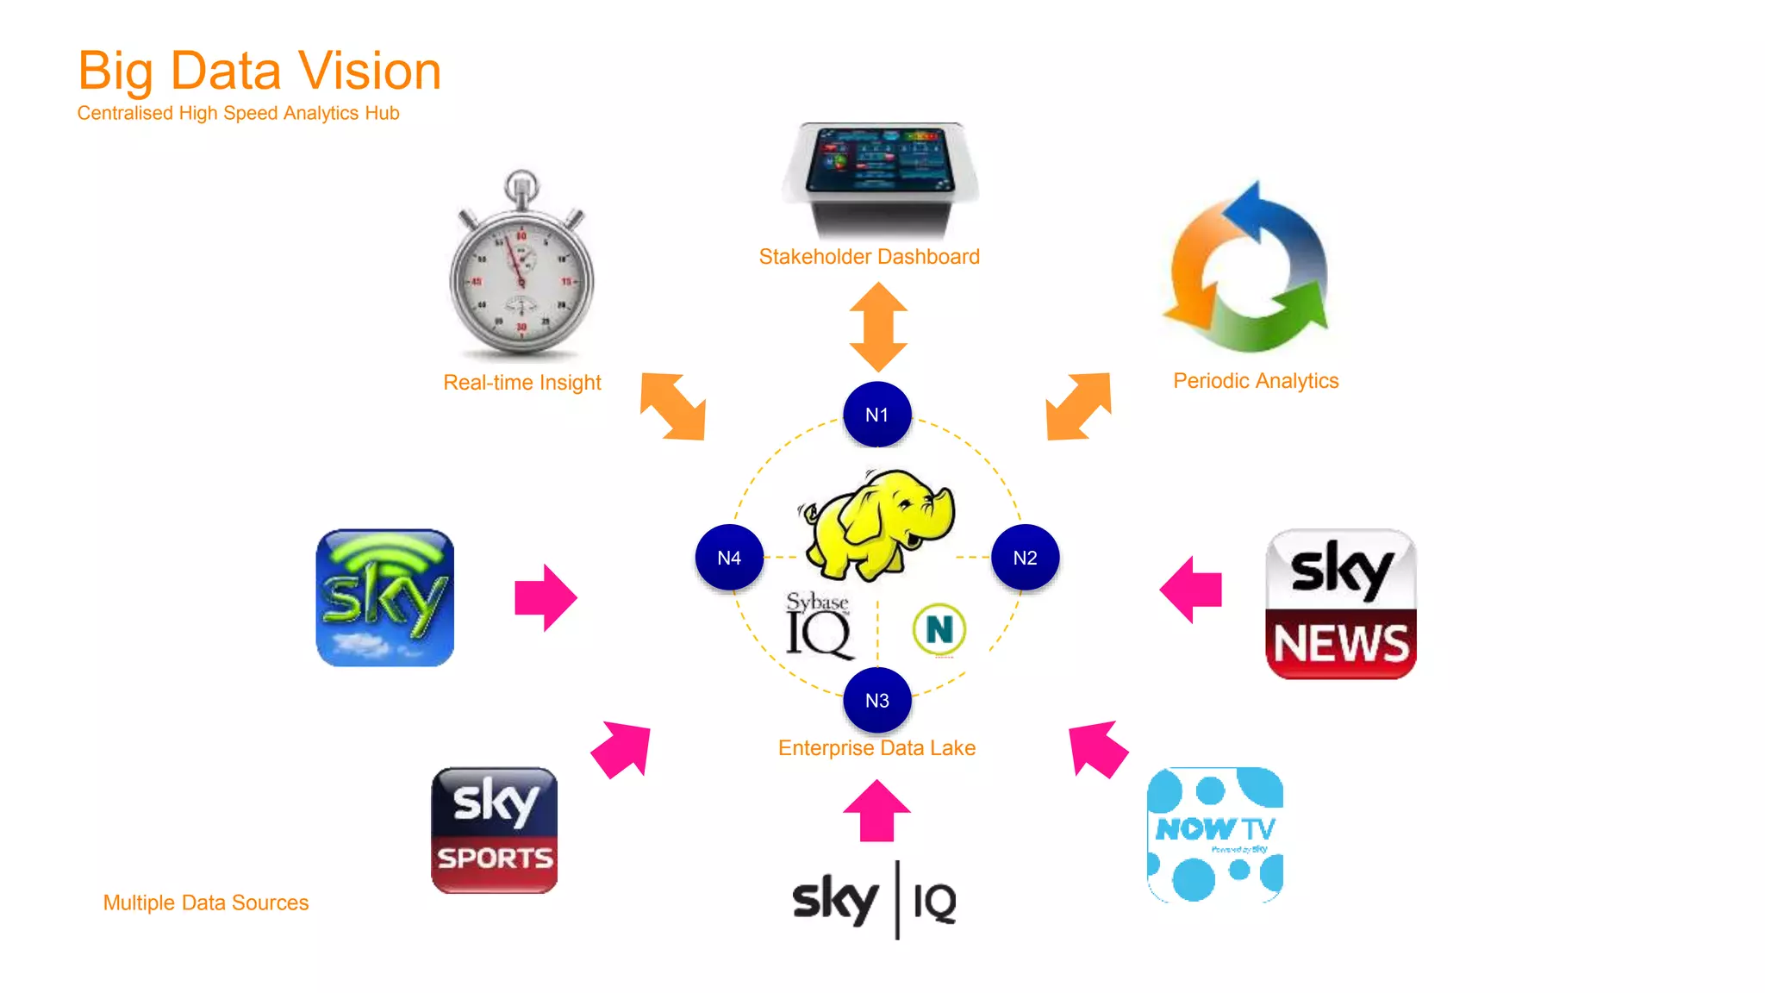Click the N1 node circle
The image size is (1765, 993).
coord(876,415)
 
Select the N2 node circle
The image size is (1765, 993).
coord(1025,558)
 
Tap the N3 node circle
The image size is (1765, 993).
coord(876,700)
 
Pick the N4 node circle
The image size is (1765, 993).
coord(729,558)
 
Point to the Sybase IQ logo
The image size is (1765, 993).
coord(818,627)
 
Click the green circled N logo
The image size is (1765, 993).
coord(939,629)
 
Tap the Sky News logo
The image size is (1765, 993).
coord(1340,604)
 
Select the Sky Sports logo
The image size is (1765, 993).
coord(494,830)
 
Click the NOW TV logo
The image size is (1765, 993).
coord(1214,834)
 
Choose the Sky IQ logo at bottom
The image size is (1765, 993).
coord(875,900)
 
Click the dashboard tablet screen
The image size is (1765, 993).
coord(879,160)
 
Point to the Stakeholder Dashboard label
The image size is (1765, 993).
coord(869,257)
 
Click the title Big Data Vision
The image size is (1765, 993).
coord(259,71)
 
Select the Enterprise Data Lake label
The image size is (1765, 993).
coord(876,748)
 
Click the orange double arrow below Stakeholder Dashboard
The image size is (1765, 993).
coord(878,327)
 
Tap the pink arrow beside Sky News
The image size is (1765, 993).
coord(1192,590)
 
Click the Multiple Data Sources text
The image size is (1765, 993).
coord(206,902)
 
